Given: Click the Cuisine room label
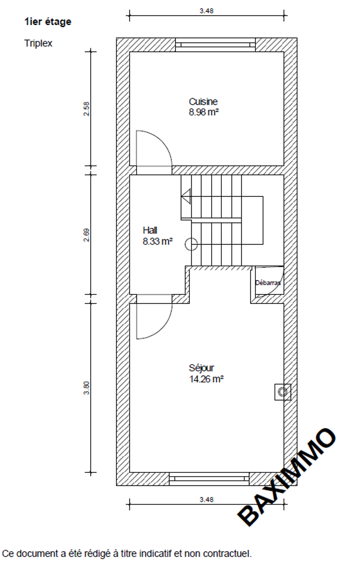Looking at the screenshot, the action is click(x=203, y=101).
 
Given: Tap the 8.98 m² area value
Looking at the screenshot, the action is click(x=204, y=112).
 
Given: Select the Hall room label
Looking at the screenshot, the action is click(x=150, y=230).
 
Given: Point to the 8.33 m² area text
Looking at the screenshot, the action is click(x=157, y=241).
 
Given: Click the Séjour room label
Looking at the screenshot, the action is click(x=201, y=368).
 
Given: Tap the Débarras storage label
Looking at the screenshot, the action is click(x=268, y=283).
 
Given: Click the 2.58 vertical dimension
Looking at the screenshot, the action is click(x=86, y=109).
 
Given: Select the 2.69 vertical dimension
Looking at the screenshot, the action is click(x=86, y=235).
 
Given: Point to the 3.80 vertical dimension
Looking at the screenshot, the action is click(x=86, y=388).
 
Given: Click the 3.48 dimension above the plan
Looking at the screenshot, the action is click(x=206, y=11).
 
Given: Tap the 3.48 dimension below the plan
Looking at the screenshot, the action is click(x=206, y=500).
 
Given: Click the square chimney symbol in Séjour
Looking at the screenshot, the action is click(x=283, y=392).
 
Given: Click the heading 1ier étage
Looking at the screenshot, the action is click(x=48, y=21).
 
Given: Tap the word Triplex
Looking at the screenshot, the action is click(x=39, y=43).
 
